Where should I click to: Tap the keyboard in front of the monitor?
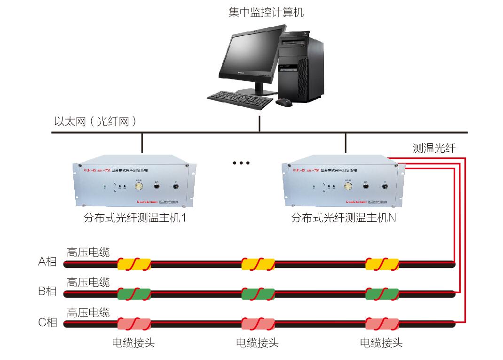pyautogui.click(x=240, y=97)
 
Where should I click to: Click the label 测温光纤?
pyautogui.click(x=434, y=149)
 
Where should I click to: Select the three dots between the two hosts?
pyautogui.click(x=241, y=163)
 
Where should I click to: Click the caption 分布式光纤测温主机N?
pyautogui.click(x=344, y=218)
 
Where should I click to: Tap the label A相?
pyautogui.click(x=47, y=262)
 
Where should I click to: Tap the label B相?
pyautogui.click(x=47, y=291)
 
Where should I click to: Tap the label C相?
pyautogui.click(x=47, y=322)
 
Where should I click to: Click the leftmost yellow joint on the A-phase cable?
pyautogui.click(x=134, y=264)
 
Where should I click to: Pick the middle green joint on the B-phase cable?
pyautogui.click(x=258, y=294)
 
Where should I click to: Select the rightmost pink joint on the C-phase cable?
pyautogui.click(x=382, y=324)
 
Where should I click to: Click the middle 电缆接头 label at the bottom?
pyautogui.click(x=257, y=343)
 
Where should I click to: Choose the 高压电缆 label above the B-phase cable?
pyautogui.click(x=88, y=282)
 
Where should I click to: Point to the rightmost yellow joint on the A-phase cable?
pyautogui.click(x=382, y=264)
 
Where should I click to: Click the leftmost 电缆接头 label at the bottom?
pyautogui.click(x=133, y=343)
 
